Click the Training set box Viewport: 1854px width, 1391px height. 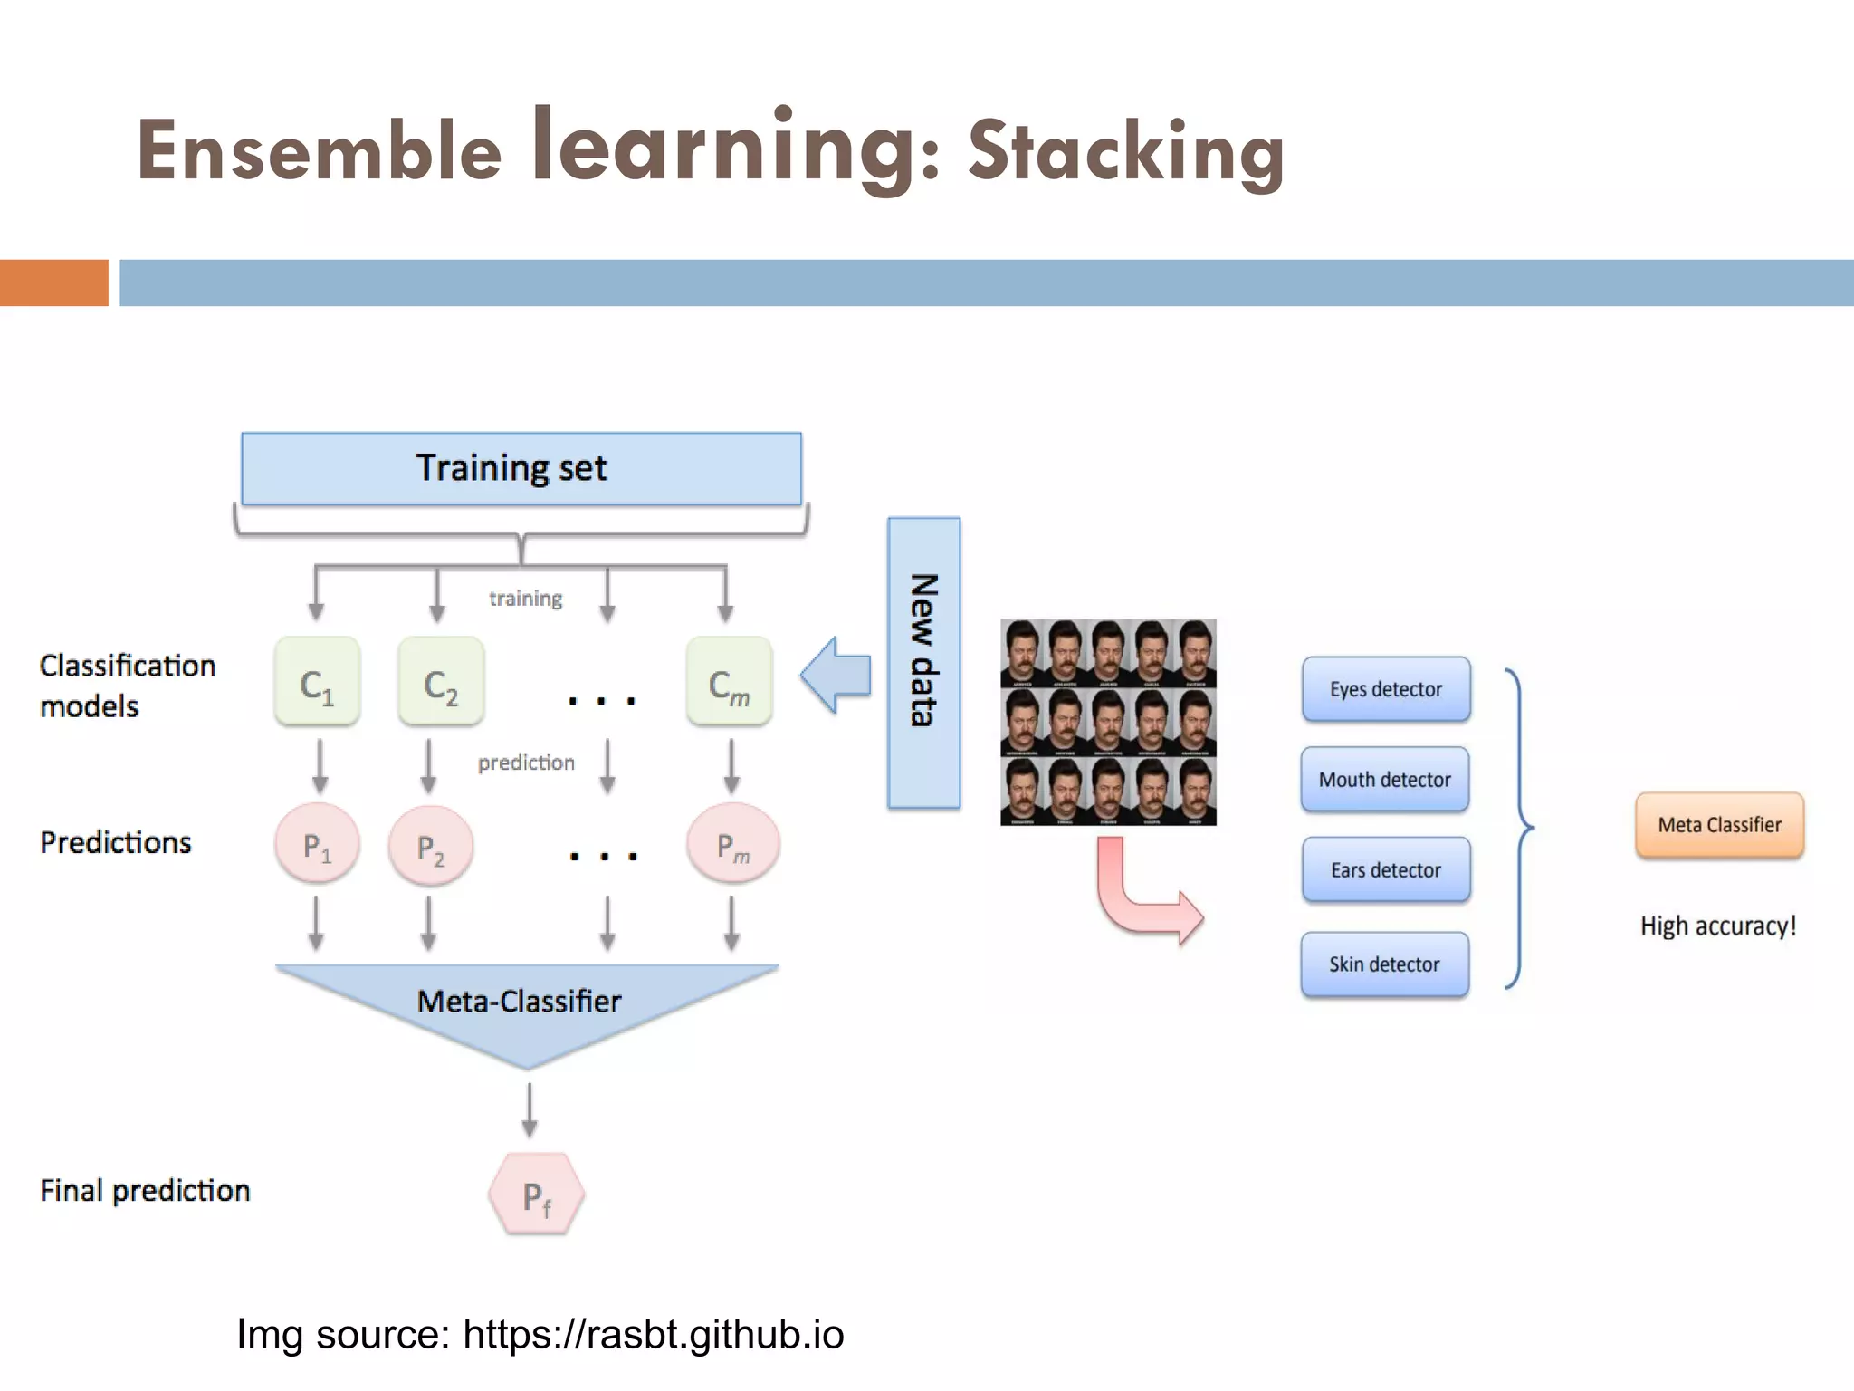(521, 468)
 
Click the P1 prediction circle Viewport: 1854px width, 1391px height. (317, 845)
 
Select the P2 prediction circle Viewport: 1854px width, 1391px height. (430, 848)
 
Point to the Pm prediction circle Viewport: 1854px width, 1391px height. (732, 845)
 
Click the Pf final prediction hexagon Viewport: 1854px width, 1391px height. (536, 1194)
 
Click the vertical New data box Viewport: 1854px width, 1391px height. (923, 663)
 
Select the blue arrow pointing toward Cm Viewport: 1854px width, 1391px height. (836, 676)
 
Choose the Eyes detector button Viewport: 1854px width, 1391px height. (1385, 689)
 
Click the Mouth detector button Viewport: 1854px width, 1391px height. (1384, 780)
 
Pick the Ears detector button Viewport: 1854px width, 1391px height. (1385, 870)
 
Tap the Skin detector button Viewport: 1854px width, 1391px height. (1384, 964)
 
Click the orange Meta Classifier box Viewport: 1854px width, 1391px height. (1718, 825)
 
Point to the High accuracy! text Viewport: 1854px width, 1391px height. (1717, 926)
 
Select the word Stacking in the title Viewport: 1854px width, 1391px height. (1125, 150)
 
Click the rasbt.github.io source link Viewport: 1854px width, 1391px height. (653, 1334)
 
